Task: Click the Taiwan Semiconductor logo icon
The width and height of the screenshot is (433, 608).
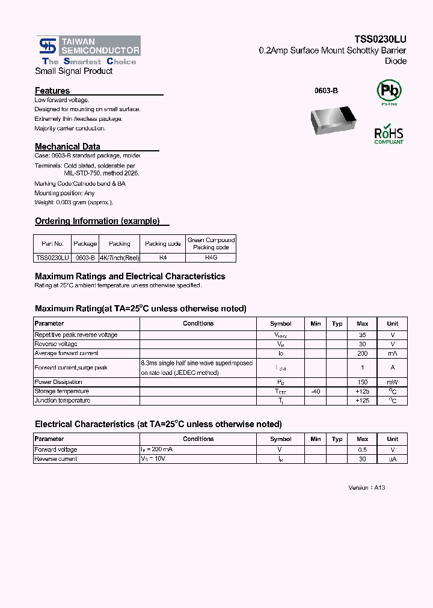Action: tap(46, 46)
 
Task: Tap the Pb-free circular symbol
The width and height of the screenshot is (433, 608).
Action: tap(388, 91)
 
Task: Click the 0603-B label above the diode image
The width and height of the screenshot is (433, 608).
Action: tap(326, 90)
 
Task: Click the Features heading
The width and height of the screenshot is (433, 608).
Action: tap(52, 91)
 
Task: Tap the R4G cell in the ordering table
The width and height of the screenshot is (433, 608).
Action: tap(211, 257)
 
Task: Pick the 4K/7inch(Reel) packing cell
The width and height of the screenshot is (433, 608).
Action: tap(119, 257)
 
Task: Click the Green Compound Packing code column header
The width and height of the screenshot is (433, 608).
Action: tap(211, 243)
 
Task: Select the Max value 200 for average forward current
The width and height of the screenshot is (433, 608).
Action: tap(362, 353)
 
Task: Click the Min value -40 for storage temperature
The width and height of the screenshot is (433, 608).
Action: tap(316, 391)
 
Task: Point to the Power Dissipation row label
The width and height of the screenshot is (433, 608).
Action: tap(58, 382)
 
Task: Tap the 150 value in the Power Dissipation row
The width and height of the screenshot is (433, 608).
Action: tap(362, 382)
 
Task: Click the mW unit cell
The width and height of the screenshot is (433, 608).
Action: tap(392, 382)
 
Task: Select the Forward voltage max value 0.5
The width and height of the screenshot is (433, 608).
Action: tap(362, 449)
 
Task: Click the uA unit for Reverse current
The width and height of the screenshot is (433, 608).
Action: tap(392, 459)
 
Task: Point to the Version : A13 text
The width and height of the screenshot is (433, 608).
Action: tap(366, 487)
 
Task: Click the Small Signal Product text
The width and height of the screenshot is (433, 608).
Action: tap(73, 71)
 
